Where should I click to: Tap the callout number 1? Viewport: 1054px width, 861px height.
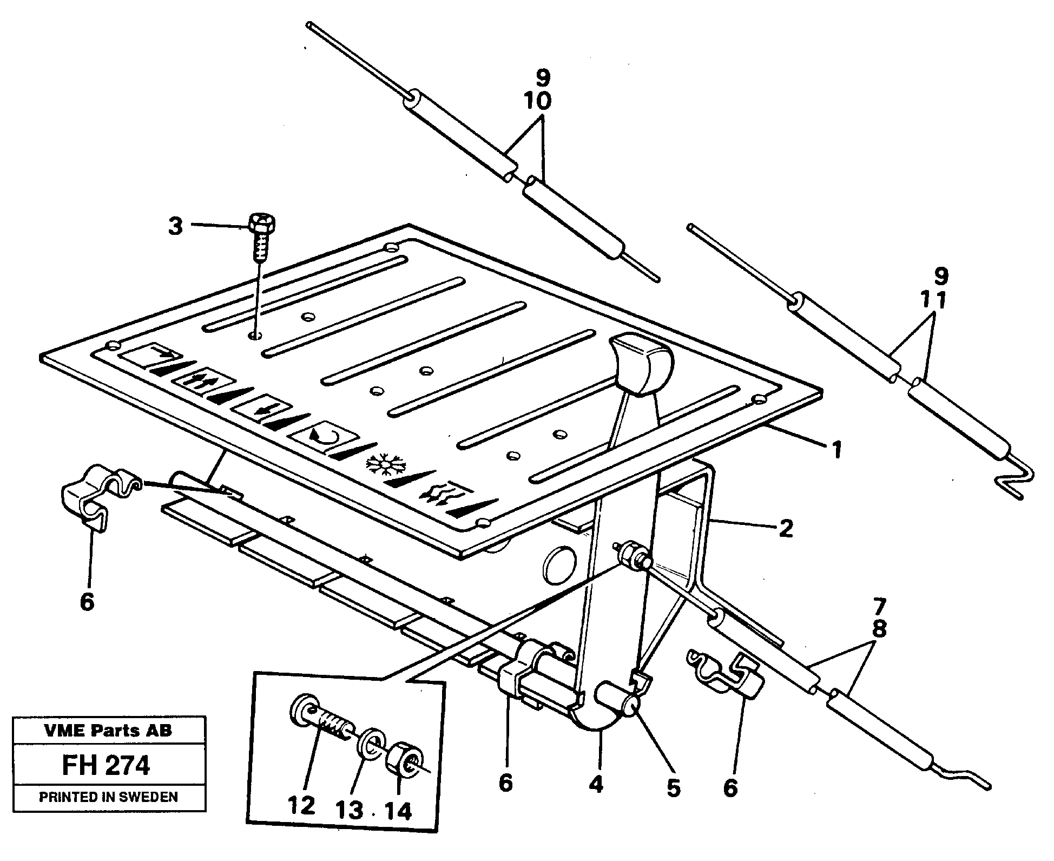(x=836, y=450)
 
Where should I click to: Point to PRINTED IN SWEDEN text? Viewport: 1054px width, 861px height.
(x=109, y=797)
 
